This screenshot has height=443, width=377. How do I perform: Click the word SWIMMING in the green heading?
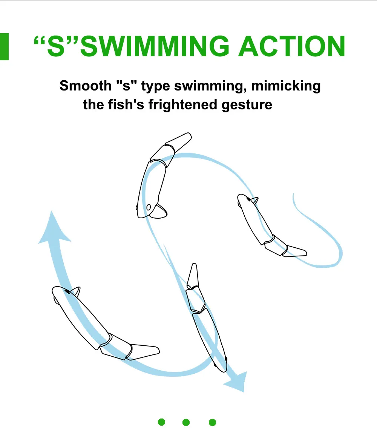tap(155, 46)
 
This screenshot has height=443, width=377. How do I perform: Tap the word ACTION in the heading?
tap(292, 46)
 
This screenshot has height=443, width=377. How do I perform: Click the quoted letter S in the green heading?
tap(56, 46)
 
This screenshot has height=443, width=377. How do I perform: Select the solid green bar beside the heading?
tap(4, 47)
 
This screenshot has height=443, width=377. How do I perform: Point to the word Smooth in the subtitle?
tap(86, 86)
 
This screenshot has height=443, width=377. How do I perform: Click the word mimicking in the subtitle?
tap(286, 86)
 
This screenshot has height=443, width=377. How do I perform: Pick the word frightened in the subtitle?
tap(183, 105)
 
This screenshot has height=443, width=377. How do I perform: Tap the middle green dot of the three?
tap(186, 422)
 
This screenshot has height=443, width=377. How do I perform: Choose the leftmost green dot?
tap(161, 422)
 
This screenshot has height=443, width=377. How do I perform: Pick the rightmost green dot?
tap(212, 422)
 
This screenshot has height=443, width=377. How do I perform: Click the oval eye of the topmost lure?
tap(149, 207)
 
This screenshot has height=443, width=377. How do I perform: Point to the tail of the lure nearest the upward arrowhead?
tap(143, 351)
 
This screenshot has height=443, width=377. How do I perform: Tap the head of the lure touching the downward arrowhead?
tap(220, 361)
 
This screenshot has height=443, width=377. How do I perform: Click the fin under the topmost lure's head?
tap(159, 212)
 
